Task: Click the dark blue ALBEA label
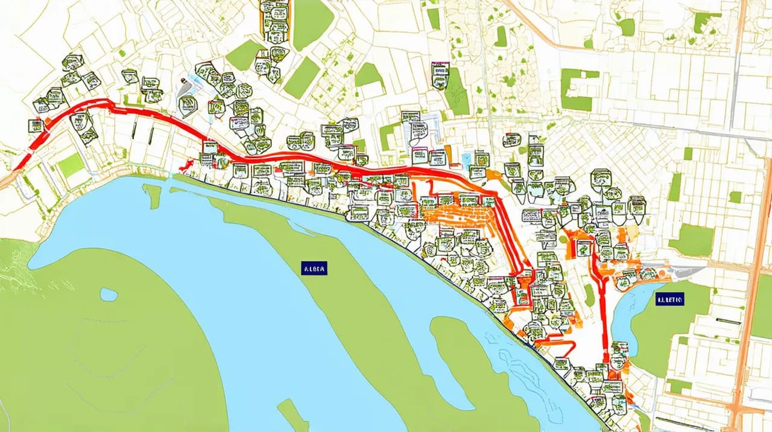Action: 314,268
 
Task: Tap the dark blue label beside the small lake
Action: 670,298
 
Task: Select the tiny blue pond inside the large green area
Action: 109,294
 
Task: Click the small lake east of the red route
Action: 627,314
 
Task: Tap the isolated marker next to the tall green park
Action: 440,75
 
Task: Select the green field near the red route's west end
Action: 71,164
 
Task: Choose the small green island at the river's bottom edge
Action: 293,416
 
